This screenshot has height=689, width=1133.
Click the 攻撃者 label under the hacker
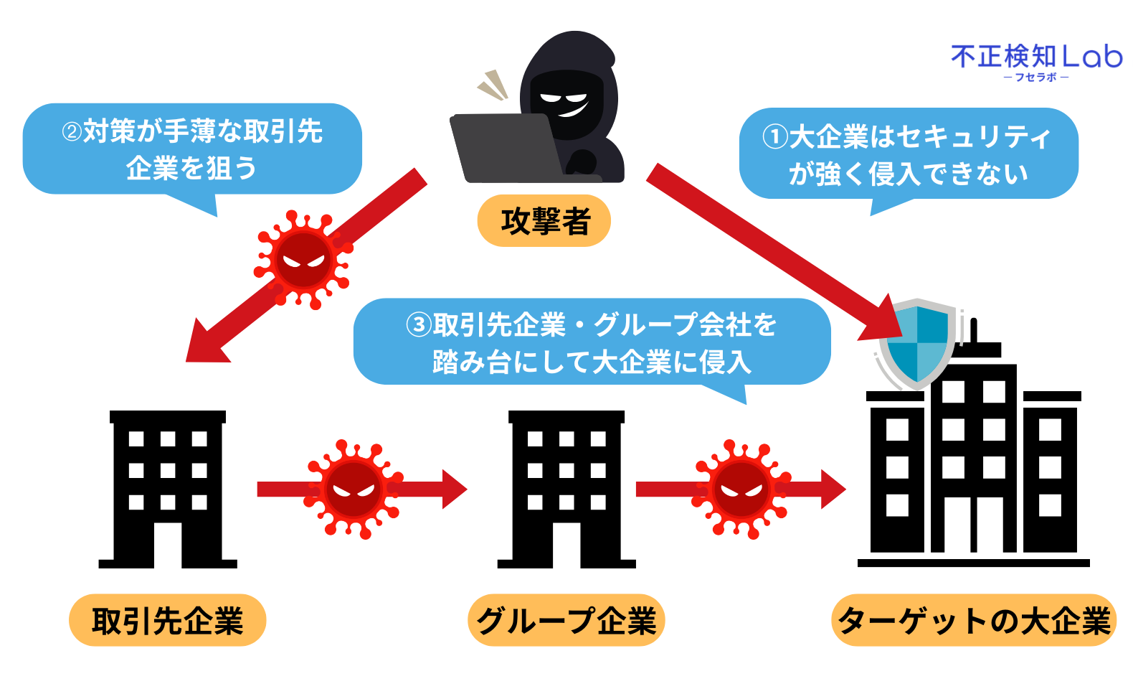pyautogui.click(x=544, y=220)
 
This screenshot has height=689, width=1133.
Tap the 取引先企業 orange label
pyautogui.click(x=167, y=620)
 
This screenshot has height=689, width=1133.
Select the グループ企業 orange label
pyautogui.click(x=566, y=620)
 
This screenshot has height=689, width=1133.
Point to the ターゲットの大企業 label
pyautogui.click(x=974, y=620)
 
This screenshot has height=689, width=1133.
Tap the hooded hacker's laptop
pyautogui.click(x=506, y=146)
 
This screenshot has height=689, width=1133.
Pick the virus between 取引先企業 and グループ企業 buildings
pyautogui.click(x=353, y=489)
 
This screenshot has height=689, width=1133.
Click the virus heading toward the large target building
pyautogui.click(x=741, y=489)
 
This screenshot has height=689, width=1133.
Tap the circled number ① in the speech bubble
pyautogui.click(x=775, y=136)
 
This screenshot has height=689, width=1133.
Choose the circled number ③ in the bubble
pyautogui.click(x=419, y=325)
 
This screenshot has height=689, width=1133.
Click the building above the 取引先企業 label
pyautogui.click(x=168, y=489)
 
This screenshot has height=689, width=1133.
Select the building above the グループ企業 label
pyautogui.click(x=566, y=489)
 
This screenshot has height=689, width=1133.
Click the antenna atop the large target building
pyautogui.click(x=973, y=331)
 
